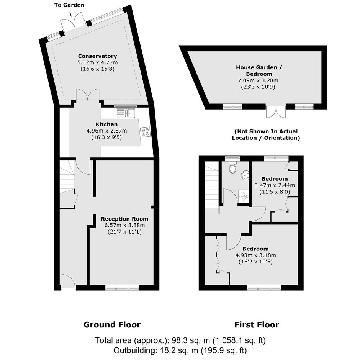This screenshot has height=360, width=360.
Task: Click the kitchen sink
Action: pyautogui.click(x=126, y=113)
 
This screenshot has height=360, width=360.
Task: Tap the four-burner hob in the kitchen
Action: pyautogui.click(x=146, y=132)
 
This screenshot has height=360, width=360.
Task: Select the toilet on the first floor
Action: pyautogui.click(x=232, y=167)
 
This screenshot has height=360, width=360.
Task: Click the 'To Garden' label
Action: pyautogui.click(x=69, y=5)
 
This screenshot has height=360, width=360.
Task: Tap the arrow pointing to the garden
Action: pyautogui.click(x=71, y=16)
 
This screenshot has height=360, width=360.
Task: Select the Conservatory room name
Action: pyautogui.click(x=97, y=56)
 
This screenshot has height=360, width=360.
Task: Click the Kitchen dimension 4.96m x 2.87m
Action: pyautogui.click(x=106, y=131)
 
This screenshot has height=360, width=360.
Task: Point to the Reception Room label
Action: pyautogui.click(x=124, y=219)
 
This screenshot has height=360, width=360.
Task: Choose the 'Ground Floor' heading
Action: pyautogui.click(x=112, y=325)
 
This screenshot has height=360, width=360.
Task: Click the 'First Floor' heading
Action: pyautogui.click(x=257, y=325)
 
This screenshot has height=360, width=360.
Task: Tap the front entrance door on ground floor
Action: pyautogui.click(x=68, y=281)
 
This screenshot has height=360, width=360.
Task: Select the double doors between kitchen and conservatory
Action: pyautogui.click(x=88, y=95)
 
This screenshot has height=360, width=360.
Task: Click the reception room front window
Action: pyautogui.click(x=123, y=287)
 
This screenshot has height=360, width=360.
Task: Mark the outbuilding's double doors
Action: pyautogui.click(x=276, y=111)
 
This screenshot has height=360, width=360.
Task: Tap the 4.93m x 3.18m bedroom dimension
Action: pyautogui.click(x=255, y=255)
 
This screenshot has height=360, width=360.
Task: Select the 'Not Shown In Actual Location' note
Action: pyautogui.click(x=266, y=134)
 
